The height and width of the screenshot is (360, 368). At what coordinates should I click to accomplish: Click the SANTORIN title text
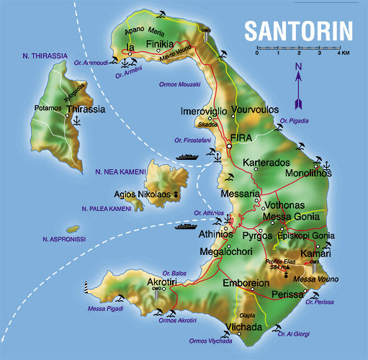click(297, 30)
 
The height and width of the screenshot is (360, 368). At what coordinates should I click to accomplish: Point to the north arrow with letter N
click(297, 81)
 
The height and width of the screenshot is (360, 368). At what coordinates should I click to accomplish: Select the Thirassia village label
click(86, 109)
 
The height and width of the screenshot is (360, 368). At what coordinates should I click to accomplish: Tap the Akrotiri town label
click(162, 282)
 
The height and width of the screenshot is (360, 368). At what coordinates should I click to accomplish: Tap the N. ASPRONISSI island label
click(64, 238)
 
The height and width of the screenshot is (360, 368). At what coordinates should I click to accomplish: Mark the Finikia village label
click(160, 45)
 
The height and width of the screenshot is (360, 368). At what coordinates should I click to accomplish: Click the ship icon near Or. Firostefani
click(187, 155)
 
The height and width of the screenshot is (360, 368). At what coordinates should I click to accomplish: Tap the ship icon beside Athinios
click(185, 226)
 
